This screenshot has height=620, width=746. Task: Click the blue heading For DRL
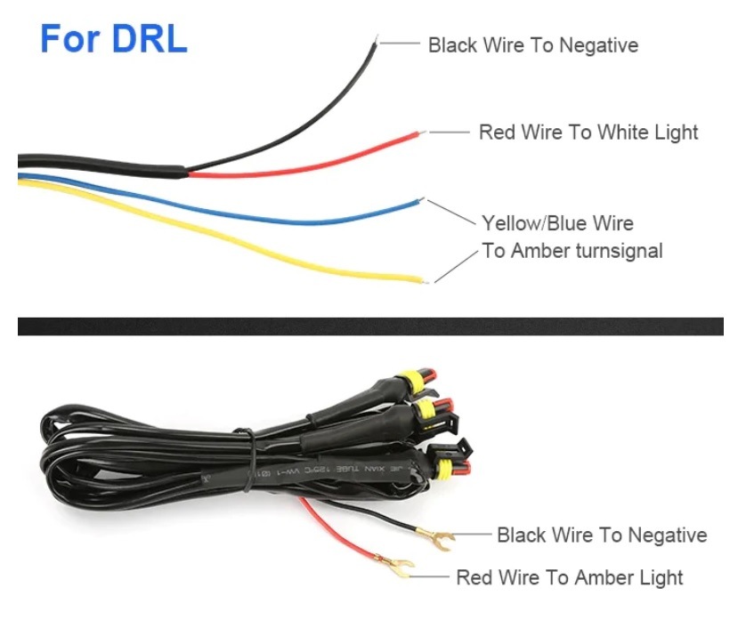tap(114, 40)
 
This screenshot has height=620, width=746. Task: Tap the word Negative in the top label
tap(598, 44)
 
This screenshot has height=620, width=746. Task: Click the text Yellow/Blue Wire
tap(557, 222)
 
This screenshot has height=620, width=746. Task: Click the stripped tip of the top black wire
tap(377, 40)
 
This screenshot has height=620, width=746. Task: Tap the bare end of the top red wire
tap(422, 133)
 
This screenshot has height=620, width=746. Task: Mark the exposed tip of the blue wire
tap(421, 201)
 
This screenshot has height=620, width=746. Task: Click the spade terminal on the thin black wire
tap(442, 536)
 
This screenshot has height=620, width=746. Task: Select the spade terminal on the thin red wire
tap(396, 563)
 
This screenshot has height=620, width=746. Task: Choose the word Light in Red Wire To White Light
tap(675, 133)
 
